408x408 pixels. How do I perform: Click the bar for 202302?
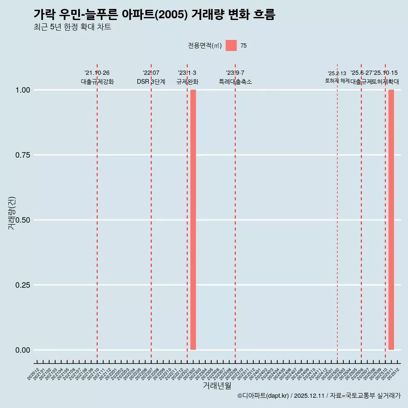click(193, 220)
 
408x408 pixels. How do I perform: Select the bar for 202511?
click(391, 220)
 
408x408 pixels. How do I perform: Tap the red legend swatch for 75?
click(231, 45)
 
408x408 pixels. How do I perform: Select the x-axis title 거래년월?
click(217, 386)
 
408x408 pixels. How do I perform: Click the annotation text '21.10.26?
click(97, 73)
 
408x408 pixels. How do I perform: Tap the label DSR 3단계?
click(151, 82)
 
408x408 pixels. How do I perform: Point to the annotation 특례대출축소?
click(235, 82)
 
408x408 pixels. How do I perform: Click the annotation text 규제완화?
click(187, 82)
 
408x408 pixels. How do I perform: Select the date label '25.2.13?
click(337, 74)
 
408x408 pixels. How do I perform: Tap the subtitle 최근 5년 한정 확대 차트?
click(72, 27)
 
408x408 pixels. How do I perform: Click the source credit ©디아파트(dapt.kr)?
click(263, 396)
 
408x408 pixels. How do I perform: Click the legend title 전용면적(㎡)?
click(205, 45)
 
